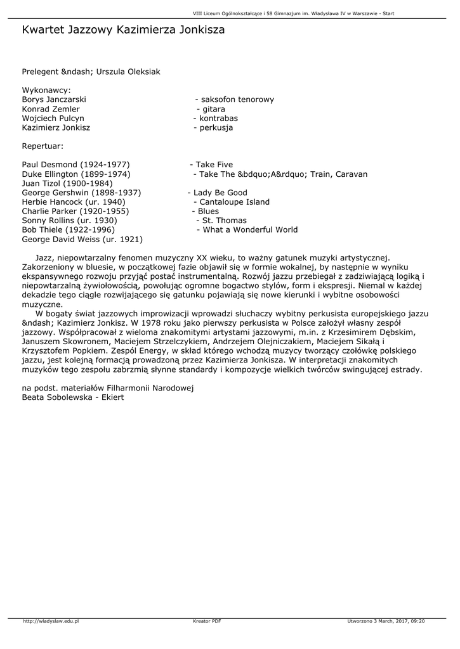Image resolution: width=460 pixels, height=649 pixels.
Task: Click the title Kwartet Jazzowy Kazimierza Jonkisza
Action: (123, 30)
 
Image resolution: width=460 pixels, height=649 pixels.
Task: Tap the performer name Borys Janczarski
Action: (54, 100)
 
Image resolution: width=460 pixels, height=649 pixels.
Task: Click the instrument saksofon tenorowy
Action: (237, 100)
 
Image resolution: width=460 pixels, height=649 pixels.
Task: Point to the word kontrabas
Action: (218, 119)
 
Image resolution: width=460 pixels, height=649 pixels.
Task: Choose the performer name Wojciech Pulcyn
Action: (53, 119)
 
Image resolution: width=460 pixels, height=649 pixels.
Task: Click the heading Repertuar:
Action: (43, 146)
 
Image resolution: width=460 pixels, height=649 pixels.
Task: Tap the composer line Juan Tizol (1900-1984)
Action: (67, 183)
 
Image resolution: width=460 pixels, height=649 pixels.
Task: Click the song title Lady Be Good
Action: (220, 193)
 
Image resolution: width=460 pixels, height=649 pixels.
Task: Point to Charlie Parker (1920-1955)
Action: (76, 211)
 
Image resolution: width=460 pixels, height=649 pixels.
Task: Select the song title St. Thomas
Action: (224, 221)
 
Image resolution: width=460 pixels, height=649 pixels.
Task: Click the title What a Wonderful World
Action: (250, 229)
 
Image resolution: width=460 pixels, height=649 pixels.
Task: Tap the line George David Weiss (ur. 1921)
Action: (82, 239)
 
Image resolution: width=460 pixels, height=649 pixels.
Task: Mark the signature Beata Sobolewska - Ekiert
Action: (73, 397)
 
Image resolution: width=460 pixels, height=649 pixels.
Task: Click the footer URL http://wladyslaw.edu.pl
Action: (51, 621)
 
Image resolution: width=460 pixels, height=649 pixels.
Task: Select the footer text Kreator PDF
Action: (207, 621)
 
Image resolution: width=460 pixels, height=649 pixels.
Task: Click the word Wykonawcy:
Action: (46, 90)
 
